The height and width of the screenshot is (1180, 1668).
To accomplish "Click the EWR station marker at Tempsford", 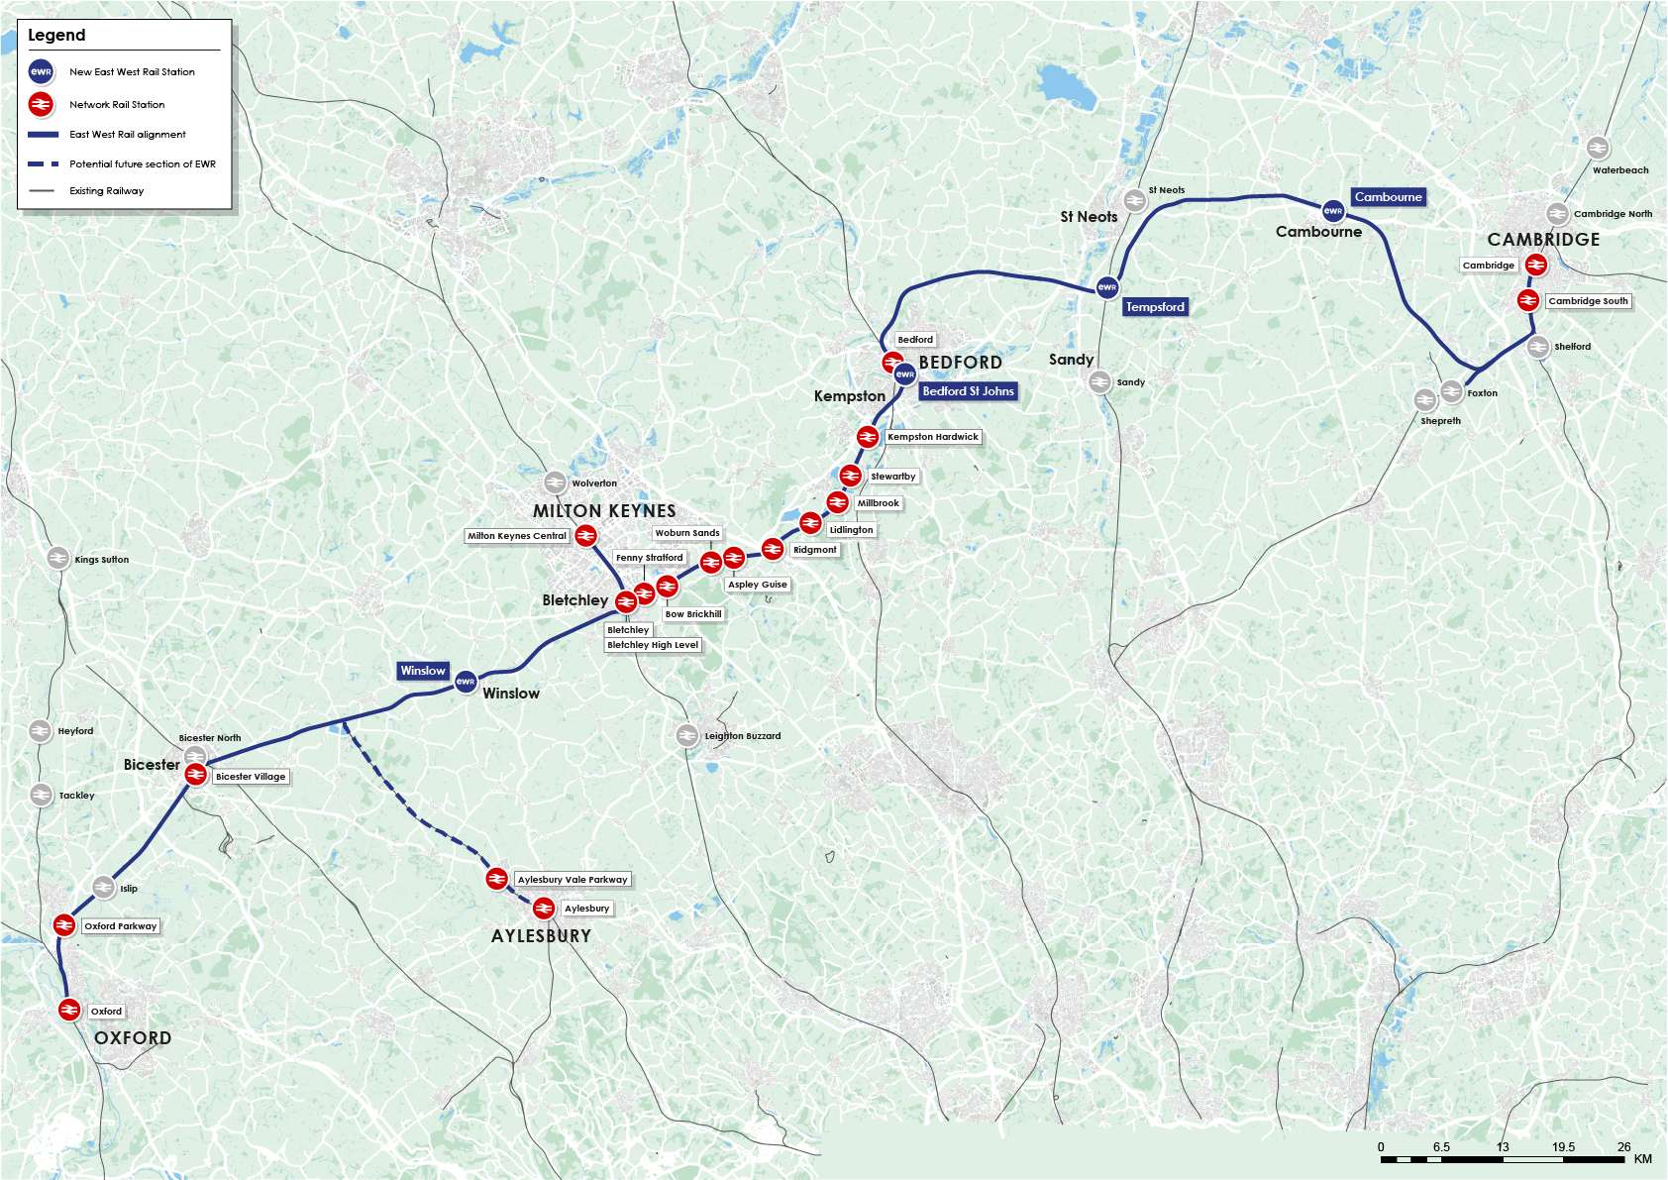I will click(x=1107, y=288).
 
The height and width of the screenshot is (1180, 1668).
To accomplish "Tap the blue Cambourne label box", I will click(x=1388, y=197).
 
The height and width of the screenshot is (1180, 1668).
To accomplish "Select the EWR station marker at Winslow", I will click(x=466, y=682).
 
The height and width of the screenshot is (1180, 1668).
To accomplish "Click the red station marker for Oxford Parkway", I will click(x=64, y=925).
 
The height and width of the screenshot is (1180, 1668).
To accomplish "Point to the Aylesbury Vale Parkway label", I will click(x=573, y=880).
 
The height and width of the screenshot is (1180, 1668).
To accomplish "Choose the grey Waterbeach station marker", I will click(x=1597, y=148).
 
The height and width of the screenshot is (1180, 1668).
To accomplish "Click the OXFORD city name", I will click(x=133, y=1038).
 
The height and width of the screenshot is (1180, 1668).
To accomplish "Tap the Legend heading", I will click(x=56, y=36).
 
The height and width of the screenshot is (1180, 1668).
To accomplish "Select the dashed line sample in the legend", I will click(x=44, y=163).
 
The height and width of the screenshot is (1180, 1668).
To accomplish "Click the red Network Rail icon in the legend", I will click(x=41, y=104).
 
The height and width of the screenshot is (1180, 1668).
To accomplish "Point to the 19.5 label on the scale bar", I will click(x=1563, y=1147).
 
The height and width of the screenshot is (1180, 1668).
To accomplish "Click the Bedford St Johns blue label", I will click(x=968, y=391).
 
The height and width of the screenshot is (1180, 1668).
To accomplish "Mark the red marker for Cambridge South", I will click(x=1528, y=300).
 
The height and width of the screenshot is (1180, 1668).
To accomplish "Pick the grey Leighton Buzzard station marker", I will click(x=687, y=735).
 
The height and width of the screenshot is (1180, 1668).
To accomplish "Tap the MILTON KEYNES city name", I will click(x=604, y=511).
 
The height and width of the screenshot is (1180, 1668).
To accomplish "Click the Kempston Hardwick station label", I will click(x=932, y=437).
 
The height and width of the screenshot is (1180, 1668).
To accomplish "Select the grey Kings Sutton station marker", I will click(x=58, y=559).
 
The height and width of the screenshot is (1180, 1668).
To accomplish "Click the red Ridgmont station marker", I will click(x=773, y=548).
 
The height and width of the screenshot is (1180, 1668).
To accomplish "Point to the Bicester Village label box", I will click(x=251, y=777).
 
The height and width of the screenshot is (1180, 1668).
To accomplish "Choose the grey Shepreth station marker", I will click(x=1425, y=400).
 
